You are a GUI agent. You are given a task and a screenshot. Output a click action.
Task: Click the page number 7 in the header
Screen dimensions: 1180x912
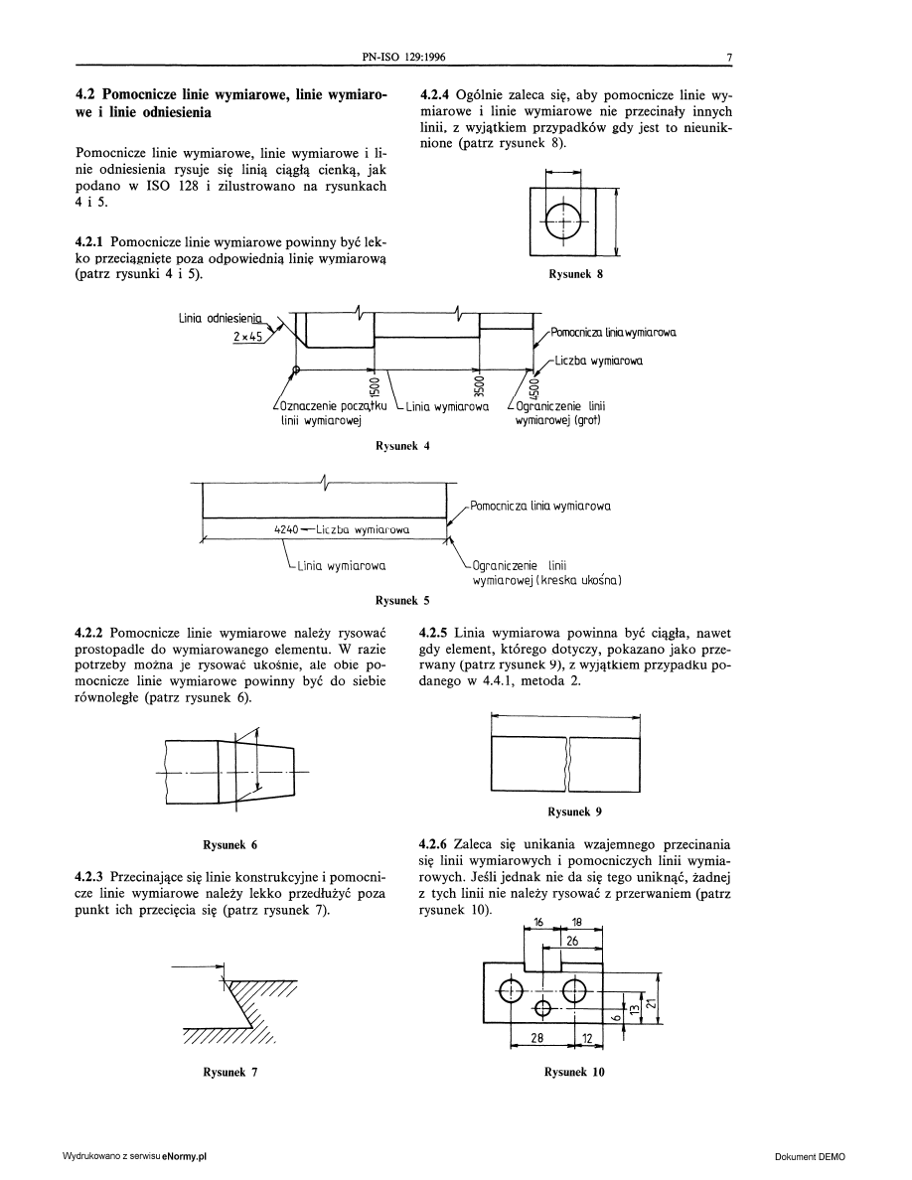pyautogui.click(x=728, y=58)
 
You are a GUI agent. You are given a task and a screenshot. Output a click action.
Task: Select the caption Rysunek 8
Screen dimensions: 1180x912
pyautogui.click(x=576, y=275)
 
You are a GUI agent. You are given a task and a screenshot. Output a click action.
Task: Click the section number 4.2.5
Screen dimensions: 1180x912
pyautogui.click(x=435, y=632)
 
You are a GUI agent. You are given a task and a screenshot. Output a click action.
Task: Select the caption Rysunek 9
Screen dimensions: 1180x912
pyautogui.click(x=576, y=811)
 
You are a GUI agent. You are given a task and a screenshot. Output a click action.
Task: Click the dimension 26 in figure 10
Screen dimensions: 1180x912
pyautogui.click(x=572, y=940)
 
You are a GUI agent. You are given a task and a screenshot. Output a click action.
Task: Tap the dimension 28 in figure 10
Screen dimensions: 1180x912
pyautogui.click(x=536, y=1038)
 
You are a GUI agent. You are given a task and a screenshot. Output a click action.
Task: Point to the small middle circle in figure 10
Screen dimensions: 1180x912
pyautogui.click(x=542, y=1008)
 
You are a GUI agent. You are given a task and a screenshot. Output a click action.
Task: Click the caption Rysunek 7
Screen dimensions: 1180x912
pyautogui.click(x=230, y=1072)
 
